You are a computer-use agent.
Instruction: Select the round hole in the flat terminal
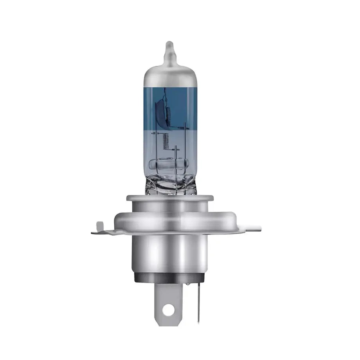168,310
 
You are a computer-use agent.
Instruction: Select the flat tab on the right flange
250,228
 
